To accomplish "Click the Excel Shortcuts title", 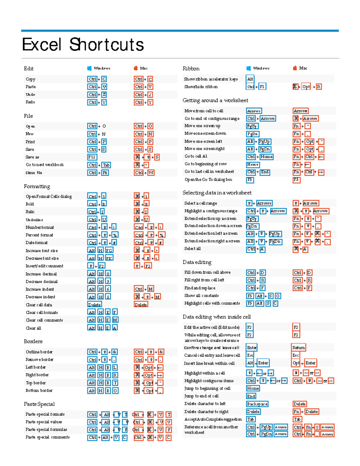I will [83, 44].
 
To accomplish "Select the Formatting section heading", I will [37, 186].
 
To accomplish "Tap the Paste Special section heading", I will [39, 404].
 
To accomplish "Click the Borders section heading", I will [33, 341].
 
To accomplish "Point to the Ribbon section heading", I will [191, 68].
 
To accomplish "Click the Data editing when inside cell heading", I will [217, 317].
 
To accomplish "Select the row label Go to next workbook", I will [45, 165].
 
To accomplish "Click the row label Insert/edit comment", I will [44, 266].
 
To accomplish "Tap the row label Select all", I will [192, 248].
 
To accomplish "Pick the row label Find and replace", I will [200, 288].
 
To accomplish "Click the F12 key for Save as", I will [91, 157].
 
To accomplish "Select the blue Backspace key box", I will [257, 404].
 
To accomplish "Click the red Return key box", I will [298, 347].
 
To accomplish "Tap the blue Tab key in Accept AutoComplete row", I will [250, 419].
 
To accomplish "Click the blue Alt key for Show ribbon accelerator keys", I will [250, 79].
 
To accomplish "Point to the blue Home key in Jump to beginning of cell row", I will [253, 388].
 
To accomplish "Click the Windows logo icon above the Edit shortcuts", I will [89, 68].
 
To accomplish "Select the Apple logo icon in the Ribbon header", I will [295, 68].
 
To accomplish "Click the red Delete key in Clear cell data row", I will [141, 305].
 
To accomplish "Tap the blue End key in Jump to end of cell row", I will [251, 396].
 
